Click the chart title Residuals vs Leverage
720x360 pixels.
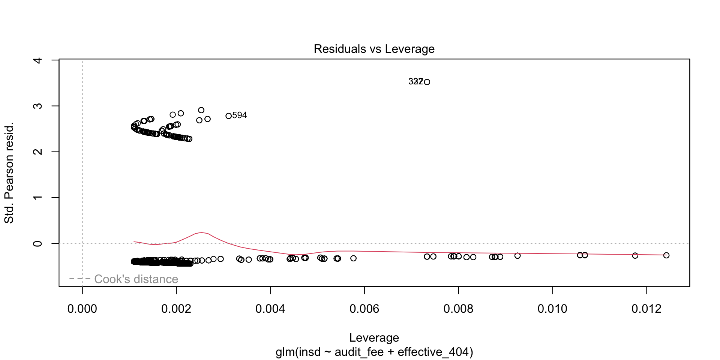point(374,49)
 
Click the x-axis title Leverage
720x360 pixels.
point(374,337)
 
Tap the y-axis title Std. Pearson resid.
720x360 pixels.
point(9,172)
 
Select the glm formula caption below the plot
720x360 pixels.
point(374,352)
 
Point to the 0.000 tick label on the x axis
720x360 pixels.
point(82,309)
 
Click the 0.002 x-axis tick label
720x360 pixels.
point(176,309)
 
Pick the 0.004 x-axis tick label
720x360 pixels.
point(270,309)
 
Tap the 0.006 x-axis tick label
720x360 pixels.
point(364,309)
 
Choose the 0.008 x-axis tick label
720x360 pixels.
point(458,309)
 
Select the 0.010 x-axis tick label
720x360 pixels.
point(552,309)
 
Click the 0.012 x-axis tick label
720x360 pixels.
point(646,309)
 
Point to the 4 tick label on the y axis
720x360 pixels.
point(37,60)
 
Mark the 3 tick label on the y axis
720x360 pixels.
point(37,106)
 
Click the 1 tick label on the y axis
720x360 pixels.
point(37,198)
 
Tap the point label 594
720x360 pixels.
point(240,115)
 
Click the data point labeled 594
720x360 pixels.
point(228,116)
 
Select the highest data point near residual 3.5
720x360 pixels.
point(427,82)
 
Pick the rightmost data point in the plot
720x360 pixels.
point(666,255)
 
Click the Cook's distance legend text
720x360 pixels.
point(136,279)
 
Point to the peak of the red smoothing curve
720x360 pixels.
point(202,232)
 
